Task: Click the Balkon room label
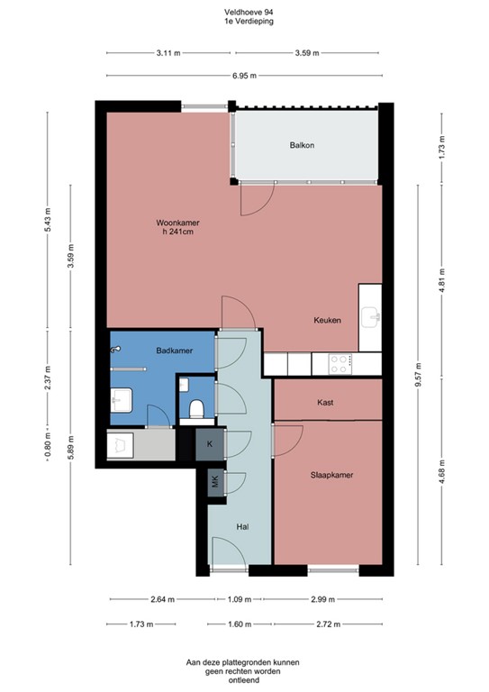click(x=302, y=145)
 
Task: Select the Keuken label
click(x=326, y=320)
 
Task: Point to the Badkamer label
click(x=171, y=350)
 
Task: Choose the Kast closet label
click(x=326, y=404)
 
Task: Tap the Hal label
click(x=242, y=528)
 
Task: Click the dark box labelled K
click(x=210, y=444)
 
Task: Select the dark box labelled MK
click(x=214, y=481)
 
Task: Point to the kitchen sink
click(x=370, y=316)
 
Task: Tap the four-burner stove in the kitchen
click(x=340, y=363)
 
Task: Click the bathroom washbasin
click(x=121, y=400)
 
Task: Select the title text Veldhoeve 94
click(x=244, y=12)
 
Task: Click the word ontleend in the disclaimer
click(x=243, y=681)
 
